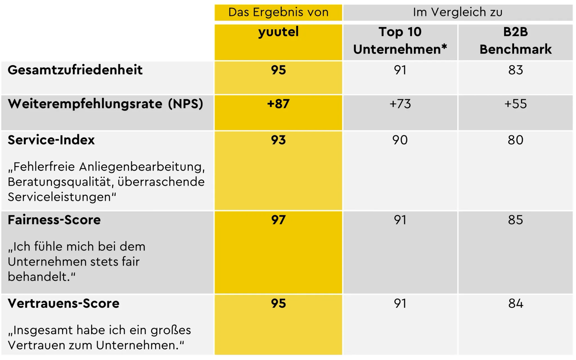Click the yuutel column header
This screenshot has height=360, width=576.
coord(278,32)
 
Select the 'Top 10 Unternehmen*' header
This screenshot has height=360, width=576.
coord(400,41)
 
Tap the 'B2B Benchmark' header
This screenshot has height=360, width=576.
coord(515,41)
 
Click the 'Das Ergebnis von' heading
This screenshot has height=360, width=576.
coord(278,12)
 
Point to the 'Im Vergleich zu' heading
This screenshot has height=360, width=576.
coord(458,12)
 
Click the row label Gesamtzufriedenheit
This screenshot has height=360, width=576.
coord(75,70)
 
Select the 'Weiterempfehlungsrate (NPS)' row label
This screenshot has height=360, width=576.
coord(105,104)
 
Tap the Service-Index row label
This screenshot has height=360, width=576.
coord(51,140)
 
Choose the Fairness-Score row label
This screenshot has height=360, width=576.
coord(54,220)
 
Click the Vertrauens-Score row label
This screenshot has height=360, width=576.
coord(64,304)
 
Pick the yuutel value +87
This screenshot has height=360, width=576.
coord(278,104)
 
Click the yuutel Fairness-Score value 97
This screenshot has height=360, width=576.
coord(278,220)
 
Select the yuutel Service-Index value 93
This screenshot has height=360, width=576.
coord(278,140)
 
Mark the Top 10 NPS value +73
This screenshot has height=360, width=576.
coord(400,104)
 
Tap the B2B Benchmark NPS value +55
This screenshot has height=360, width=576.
coord(515,104)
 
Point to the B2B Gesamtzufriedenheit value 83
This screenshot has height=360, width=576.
coord(515,70)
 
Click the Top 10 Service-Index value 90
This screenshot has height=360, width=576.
coord(400,140)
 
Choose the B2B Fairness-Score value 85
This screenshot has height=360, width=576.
coord(515,220)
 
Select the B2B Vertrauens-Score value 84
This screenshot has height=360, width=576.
coord(515,304)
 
